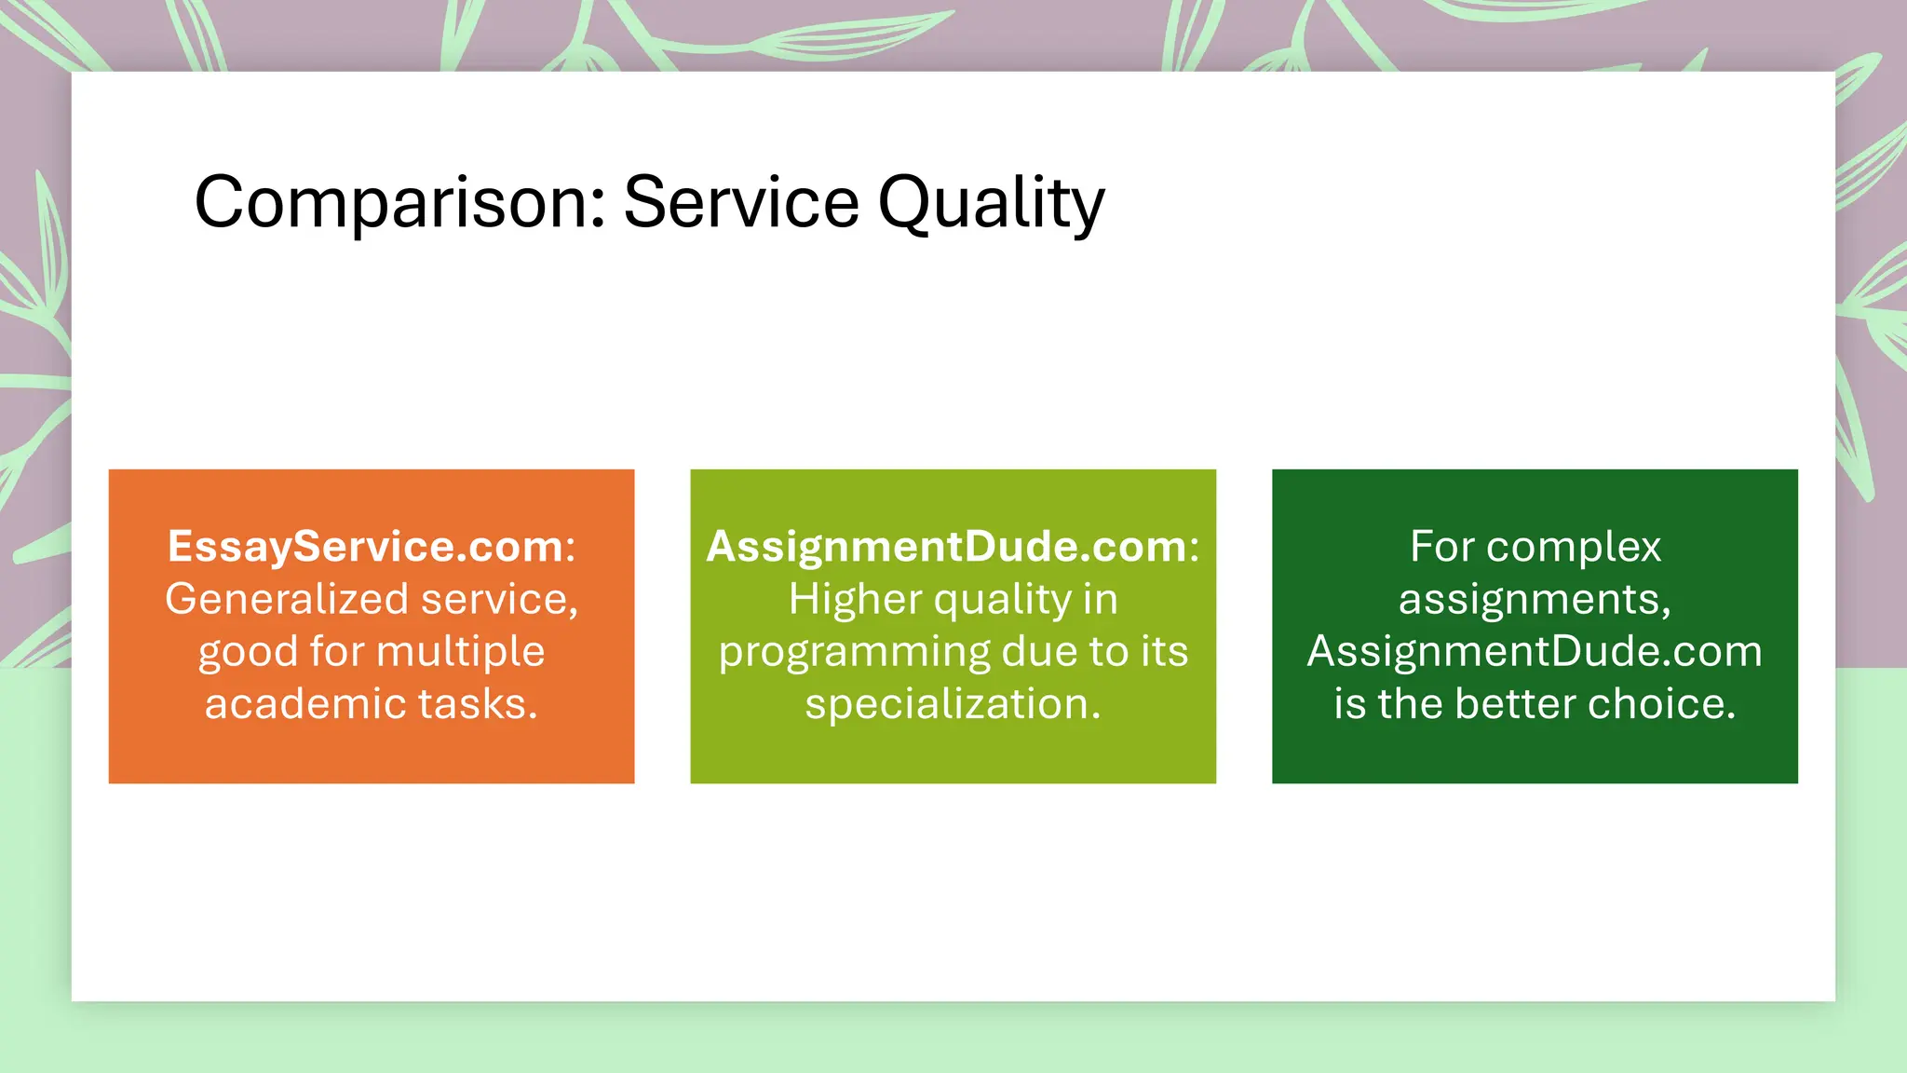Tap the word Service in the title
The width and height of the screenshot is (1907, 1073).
click(x=741, y=202)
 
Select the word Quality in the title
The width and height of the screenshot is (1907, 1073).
click(x=992, y=202)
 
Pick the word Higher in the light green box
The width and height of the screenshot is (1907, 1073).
click(x=855, y=599)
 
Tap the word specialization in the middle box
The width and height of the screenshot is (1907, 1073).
click(x=952, y=704)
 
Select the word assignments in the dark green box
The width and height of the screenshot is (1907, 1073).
click(x=1534, y=599)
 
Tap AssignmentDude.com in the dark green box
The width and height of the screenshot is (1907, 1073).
click(x=1534, y=651)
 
